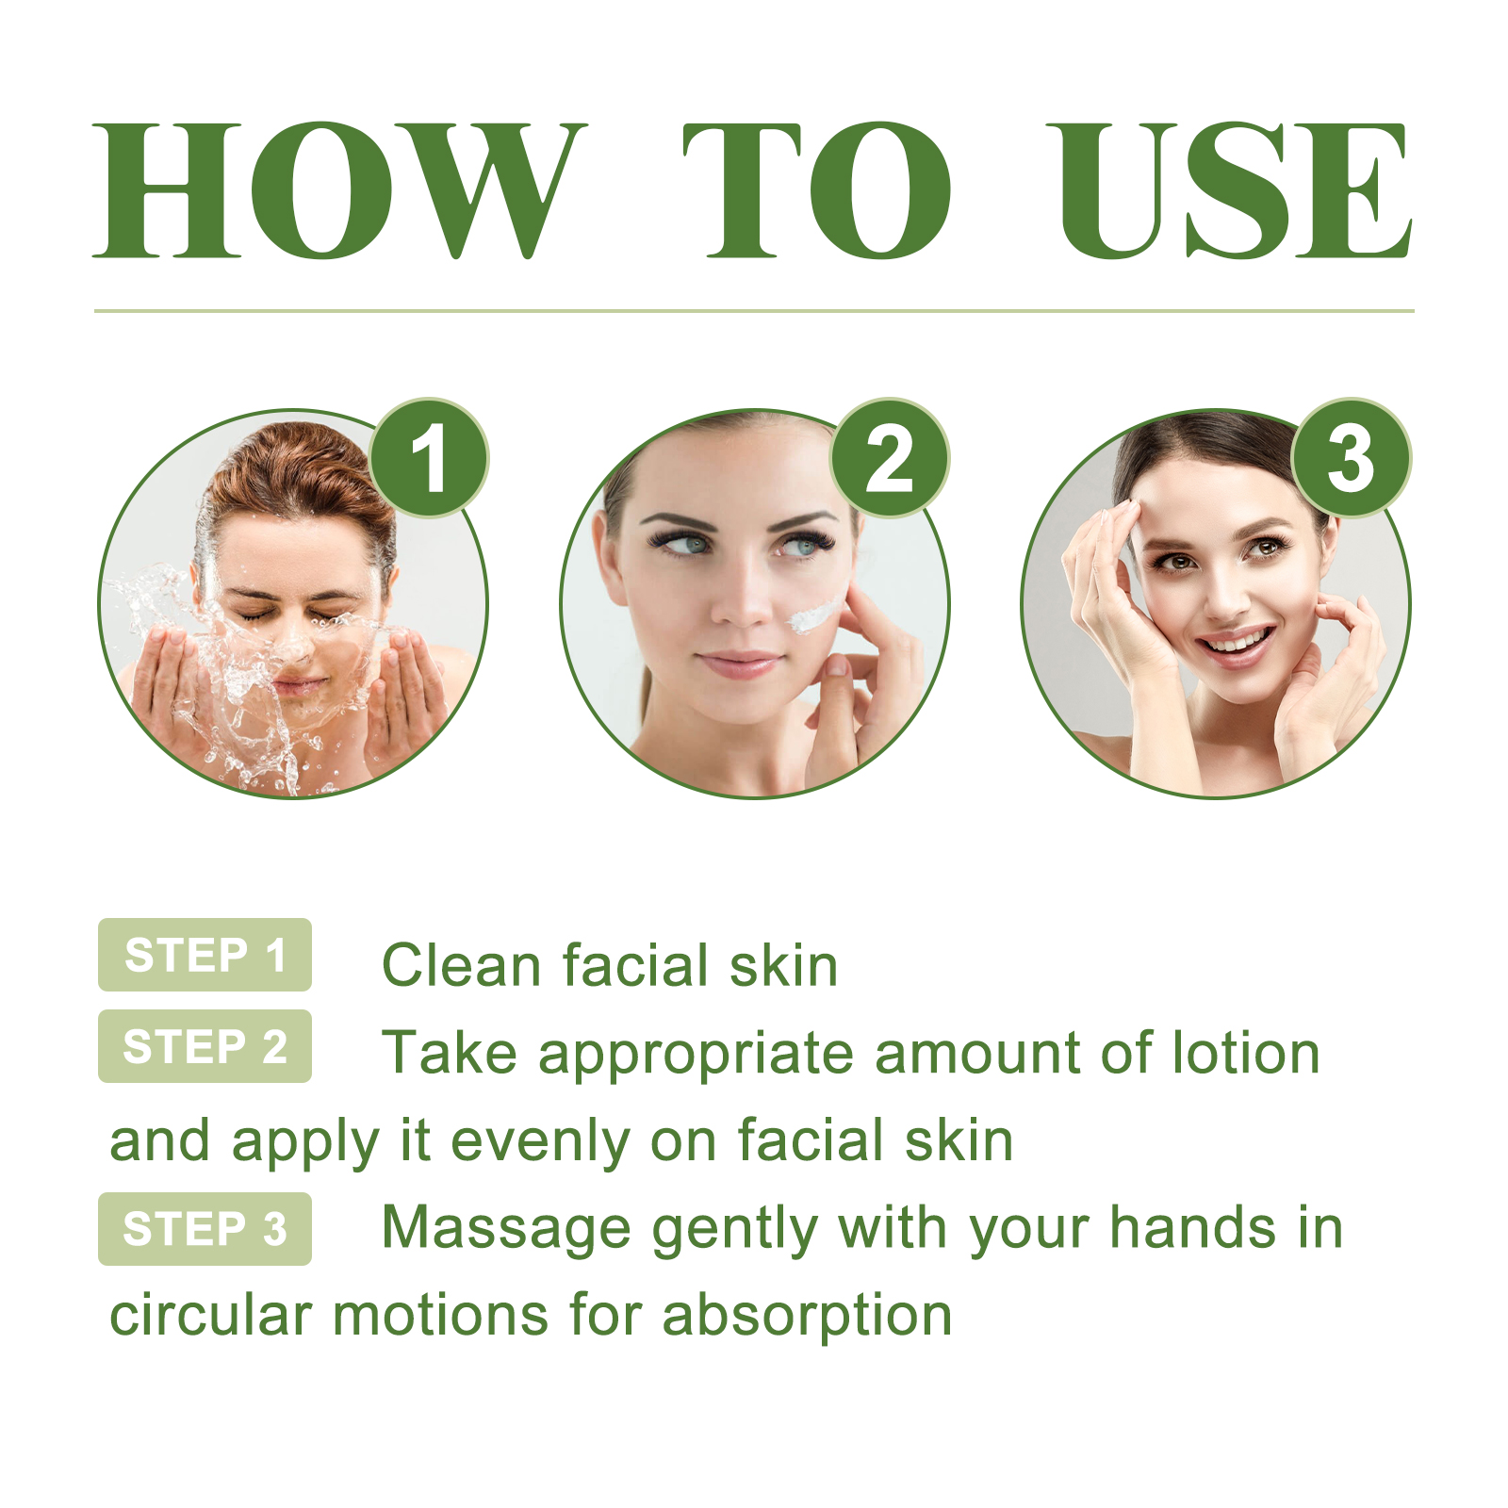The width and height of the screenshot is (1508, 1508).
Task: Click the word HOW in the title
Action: (339, 190)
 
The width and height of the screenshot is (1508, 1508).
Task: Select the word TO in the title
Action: (816, 190)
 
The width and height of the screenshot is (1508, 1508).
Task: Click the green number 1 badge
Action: (429, 458)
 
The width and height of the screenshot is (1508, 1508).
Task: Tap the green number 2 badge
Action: (889, 458)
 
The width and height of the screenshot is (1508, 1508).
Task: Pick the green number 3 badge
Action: (1351, 458)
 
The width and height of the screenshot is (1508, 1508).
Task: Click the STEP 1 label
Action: (205, 955)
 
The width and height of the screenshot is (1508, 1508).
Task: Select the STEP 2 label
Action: (205, 1046)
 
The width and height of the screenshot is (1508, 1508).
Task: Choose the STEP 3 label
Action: (205, 1229)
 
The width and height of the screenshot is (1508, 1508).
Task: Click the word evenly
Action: (540, 1141)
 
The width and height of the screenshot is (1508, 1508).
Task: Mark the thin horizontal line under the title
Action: (754, 310)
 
